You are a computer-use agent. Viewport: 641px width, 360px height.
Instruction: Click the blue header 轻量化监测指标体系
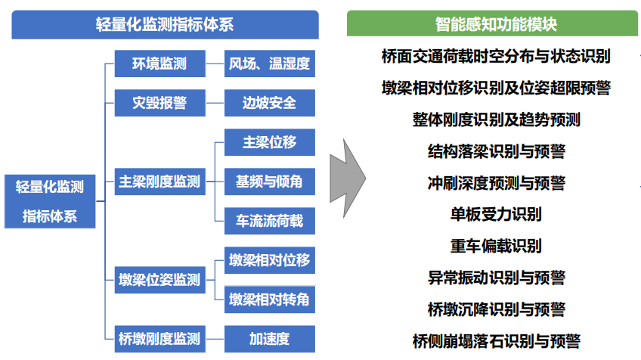tap(165, 24)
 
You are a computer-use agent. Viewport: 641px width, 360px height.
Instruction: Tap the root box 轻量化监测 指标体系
tap(50, 201)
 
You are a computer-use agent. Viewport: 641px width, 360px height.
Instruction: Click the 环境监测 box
tap(159, 64)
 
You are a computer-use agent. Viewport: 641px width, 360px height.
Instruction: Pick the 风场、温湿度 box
tap(269, 64)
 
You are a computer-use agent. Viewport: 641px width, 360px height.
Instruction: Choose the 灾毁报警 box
tap(159, 103)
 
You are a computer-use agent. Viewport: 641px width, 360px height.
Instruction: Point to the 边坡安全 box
tap(269, 103)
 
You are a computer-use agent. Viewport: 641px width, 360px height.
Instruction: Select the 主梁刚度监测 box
tap(159, 182)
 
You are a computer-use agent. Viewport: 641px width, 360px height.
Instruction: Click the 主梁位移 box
tap(269, 142)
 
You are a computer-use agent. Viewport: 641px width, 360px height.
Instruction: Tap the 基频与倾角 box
tap(269, 182)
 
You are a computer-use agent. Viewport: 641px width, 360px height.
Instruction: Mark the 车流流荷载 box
tap(269, 221)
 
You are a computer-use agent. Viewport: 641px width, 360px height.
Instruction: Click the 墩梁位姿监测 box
tap(159, 280)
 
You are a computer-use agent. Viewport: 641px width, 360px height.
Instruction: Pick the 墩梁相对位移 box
tap(269, 261)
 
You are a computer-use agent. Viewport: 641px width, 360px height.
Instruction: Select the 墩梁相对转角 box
tap(269, 299)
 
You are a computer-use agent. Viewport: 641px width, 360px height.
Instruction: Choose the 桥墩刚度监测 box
tap(159, 338)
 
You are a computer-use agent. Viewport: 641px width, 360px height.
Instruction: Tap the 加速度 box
tap(269, 338)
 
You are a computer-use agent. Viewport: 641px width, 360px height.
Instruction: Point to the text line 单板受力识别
tap(496, 214)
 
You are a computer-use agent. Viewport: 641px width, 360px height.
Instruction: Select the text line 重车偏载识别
tap(496, 246)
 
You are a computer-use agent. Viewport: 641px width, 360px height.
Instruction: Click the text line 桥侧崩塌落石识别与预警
tap(496, 341)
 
